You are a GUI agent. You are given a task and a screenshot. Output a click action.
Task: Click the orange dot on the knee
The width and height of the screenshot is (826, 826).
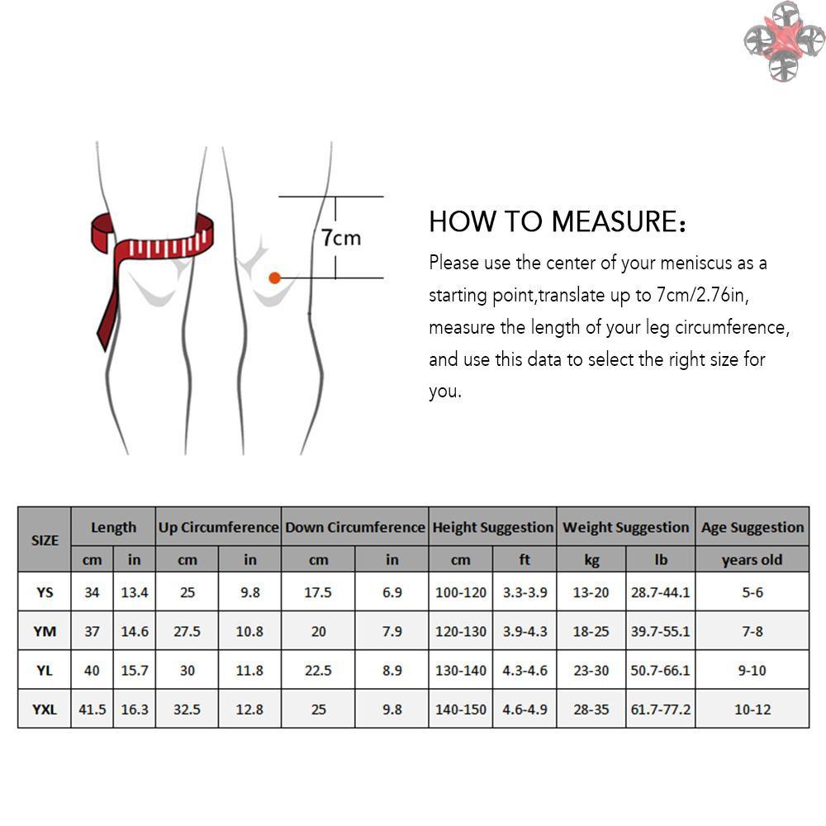tap(274, 278)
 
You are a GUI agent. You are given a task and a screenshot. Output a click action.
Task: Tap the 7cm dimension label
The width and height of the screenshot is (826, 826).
tap(341, 238)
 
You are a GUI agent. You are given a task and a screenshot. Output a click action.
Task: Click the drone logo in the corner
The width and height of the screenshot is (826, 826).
tap(784, 41)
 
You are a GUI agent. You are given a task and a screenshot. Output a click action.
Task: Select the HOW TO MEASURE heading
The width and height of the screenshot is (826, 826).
tap(558, 221)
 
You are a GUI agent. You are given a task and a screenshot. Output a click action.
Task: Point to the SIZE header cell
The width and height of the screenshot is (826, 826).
tap(45, 540)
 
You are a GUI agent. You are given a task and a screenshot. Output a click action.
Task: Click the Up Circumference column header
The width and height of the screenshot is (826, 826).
tap(219, 527)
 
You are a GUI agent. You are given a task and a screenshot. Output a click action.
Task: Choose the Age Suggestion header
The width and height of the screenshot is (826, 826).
tap(752, 528)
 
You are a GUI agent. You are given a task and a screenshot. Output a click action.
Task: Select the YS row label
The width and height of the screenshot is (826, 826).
tap(45, 592)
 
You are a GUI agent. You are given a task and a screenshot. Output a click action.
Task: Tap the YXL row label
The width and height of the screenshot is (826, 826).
tap(45, 710)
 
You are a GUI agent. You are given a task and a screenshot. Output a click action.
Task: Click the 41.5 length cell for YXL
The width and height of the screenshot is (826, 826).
tap(93, 710)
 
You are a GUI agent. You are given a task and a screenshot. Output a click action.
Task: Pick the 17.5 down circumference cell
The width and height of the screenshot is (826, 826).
tap(318, 592)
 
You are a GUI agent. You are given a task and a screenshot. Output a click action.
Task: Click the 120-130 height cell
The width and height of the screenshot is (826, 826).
tap(461, 631)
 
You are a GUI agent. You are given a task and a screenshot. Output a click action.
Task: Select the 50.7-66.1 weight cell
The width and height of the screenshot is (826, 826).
tap(660, 671)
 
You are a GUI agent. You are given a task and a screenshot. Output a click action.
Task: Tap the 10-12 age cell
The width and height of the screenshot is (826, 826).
tap(752, 710)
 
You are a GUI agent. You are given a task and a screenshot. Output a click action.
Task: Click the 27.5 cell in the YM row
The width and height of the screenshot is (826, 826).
tap(187, 631)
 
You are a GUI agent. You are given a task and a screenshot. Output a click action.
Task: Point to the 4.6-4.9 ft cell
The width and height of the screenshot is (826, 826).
tap(525, 710)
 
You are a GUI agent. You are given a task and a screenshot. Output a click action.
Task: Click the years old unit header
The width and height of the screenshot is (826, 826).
tap(752, 559)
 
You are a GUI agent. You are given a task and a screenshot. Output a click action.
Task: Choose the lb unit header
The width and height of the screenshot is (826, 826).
tap(661, 559)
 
